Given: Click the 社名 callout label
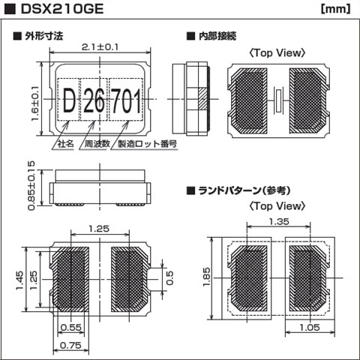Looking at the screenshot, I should pyautogui.click(x=64, y=144).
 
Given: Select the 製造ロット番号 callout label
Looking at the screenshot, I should pyautogui.click(x=144, y=144).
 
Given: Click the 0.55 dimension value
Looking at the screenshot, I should pyautogui.click(x=70, y=328).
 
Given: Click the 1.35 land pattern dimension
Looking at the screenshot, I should pyautogui.click(x=278, y=221).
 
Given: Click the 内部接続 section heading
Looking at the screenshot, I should pyautogui.click(x=217, y=35).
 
